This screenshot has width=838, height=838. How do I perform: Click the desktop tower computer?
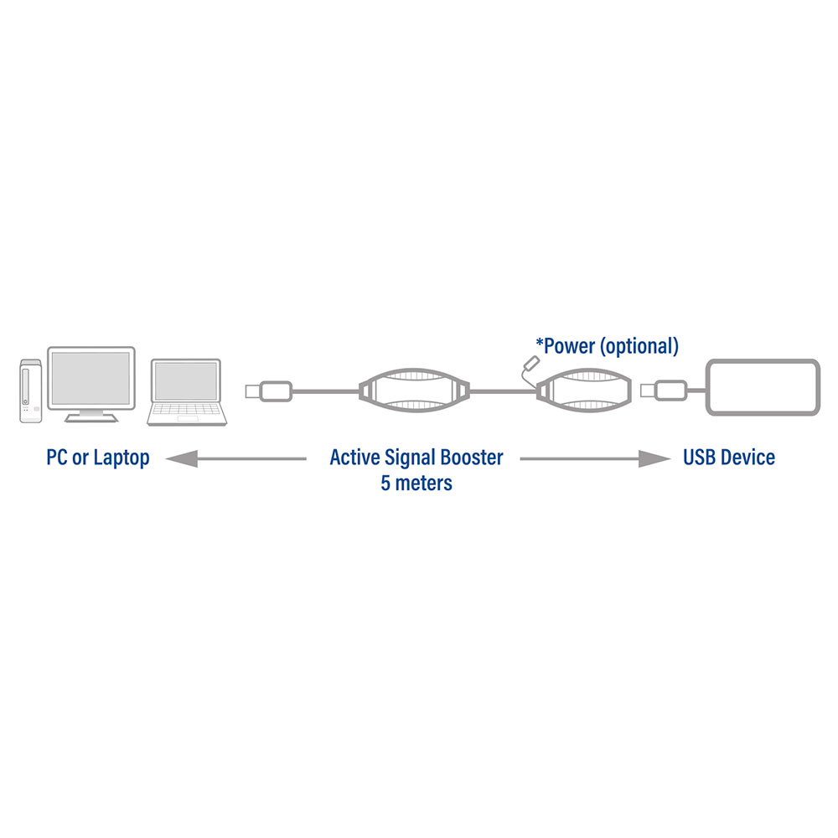pyautogui.click(x=30, y=391)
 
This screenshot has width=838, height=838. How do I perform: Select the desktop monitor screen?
pyautogui.click(x=91, y=379)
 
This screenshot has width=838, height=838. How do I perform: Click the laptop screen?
pyautogui.click(x=186, y=380)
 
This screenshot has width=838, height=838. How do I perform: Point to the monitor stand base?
pyautogui.click(x=91, y=417)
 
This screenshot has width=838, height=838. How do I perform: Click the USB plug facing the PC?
pyautogui.click(x=269, y=391)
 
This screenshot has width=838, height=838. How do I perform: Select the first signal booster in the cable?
pyautogui.click(x=414, y=391)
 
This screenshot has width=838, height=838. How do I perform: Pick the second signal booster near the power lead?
pyautogui.click(x=584, y=391)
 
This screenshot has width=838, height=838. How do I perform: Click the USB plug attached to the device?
pyautogui.click(x=664, y=391)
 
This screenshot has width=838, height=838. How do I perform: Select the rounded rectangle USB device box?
pyautogui.click(x=763, y=387)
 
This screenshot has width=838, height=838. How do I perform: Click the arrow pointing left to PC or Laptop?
pyautogui.click(x=235, y=458)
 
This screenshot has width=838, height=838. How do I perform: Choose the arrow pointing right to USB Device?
pyautogui.click(x=595, y=458)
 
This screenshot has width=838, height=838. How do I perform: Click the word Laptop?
pyautogui.click(x=122, y=458)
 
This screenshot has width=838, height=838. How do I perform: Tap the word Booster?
pyautogui.click(x=472, y=458)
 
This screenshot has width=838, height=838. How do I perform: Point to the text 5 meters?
pyautogui.click(x=416, y=484)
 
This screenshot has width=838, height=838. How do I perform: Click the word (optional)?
pyautogui.click(x=639, y=347)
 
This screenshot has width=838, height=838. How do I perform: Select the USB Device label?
pyautogui.click(x=729, y=458)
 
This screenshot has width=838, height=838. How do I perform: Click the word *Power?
pyautogui.click(x=566, y=346)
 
